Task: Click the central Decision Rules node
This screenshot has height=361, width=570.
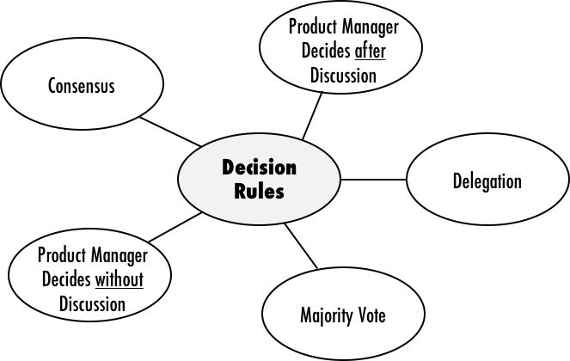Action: coord(260,178)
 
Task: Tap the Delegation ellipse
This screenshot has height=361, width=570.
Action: coord(487,181)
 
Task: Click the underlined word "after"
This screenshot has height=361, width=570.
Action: coord(371,52)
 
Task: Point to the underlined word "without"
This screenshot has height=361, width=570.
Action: coord(119,280)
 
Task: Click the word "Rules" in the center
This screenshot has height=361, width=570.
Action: coord(259,190)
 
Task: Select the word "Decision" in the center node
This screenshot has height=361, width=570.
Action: coord(259,167)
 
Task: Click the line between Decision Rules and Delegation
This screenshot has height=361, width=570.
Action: coord(373,180)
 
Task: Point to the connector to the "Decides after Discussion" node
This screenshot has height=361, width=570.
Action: coord(313,114)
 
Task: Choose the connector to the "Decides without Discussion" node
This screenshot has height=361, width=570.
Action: coord(175,227)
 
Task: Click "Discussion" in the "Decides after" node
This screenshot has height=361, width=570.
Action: coord(342,76)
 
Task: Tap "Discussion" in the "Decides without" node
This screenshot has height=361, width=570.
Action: coord(92,303)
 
